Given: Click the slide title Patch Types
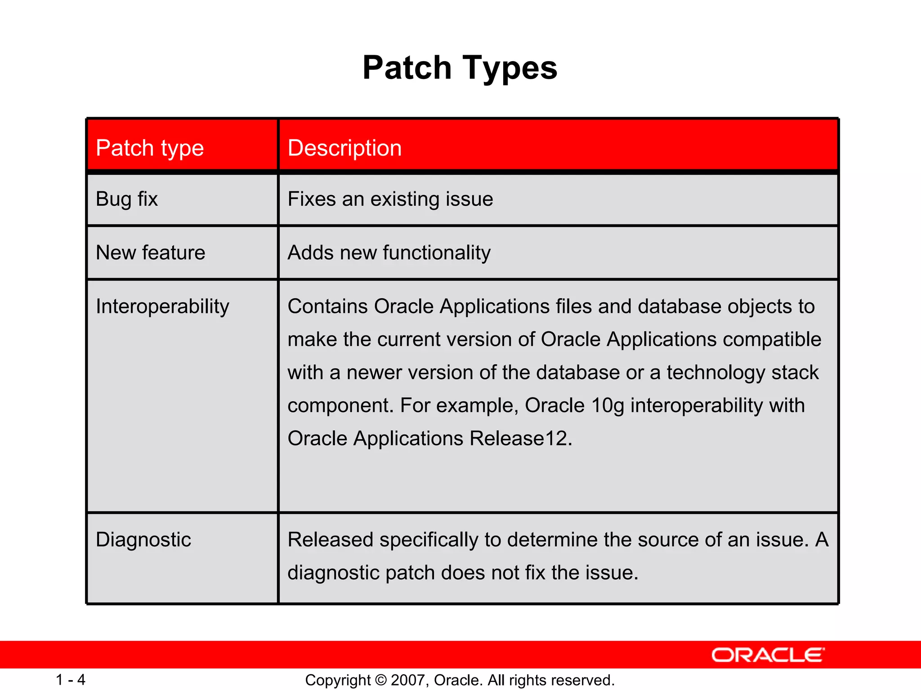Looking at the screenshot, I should point(460,68).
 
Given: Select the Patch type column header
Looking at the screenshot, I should point(150,148).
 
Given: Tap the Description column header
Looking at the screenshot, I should point(344,148).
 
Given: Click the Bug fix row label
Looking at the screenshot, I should point(127,199).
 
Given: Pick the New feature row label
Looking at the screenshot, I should point(151,252).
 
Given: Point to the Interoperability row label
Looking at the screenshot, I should point(162,307).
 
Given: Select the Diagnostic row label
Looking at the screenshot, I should point(143,540).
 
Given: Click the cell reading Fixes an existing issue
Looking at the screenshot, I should point(390,199).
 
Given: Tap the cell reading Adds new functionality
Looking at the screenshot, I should point(389,252).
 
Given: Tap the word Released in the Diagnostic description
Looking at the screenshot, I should point(331,540).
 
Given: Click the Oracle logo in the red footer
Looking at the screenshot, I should point(768,655).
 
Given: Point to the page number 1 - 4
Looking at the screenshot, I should point(71,680).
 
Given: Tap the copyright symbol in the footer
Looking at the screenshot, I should point(381,680).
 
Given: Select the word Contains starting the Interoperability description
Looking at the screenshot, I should point(328,307).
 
